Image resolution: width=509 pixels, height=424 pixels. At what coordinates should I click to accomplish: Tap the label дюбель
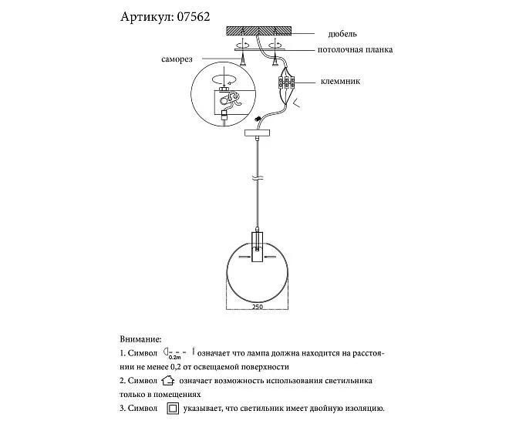pos(342,34)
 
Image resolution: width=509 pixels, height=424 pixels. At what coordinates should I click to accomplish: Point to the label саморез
pos(177,59)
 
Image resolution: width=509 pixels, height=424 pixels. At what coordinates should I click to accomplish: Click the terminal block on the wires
pos(286,82)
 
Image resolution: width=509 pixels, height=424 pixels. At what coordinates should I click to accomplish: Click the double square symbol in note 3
pos(174,408)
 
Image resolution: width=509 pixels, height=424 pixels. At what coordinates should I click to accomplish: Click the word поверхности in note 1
pos(265,367)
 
